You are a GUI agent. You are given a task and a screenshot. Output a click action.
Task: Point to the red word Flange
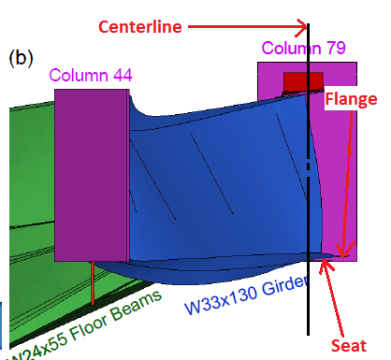click(x=351, y=99)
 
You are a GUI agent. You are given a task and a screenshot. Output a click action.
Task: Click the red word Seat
click(x=348, y=345)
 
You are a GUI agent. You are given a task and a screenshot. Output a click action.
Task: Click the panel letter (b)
click(x=21, y=57)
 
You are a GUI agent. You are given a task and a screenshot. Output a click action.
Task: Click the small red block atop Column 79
click(x=302, y=81)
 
